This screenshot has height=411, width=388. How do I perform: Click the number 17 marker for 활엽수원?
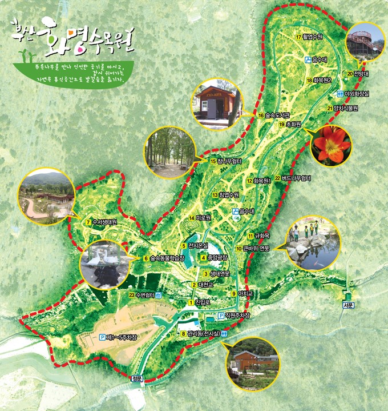pyautogui.click(x=300, y=37)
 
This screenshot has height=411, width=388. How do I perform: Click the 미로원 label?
pyautogui.click(x=203, y=218)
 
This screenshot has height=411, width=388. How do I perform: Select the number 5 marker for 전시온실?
pyautogui.click(x=184, y=246)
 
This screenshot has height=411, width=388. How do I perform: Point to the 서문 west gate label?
pyautogui.click(x=349, y=306)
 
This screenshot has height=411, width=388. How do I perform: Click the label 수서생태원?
pyautogui.click(x=104, y=222)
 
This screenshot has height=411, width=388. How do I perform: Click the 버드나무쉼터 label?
pyautogui.click(x=296, y=178)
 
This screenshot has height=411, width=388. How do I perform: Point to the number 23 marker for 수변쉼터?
pyautogui.click(x=132, y=295)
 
